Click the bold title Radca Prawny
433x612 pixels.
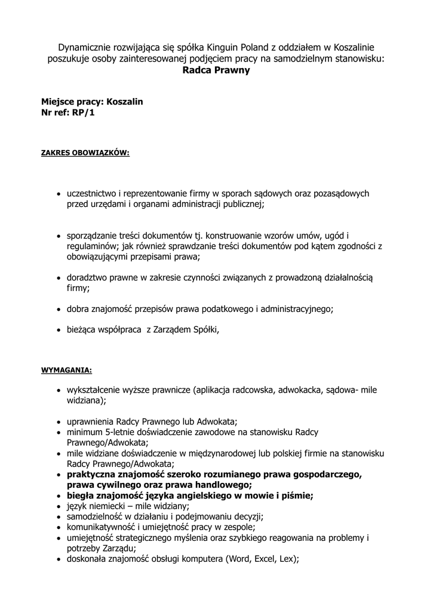(216, 70)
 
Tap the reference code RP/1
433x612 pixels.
(83, 112)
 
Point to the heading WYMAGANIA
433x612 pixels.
(66, 369)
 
